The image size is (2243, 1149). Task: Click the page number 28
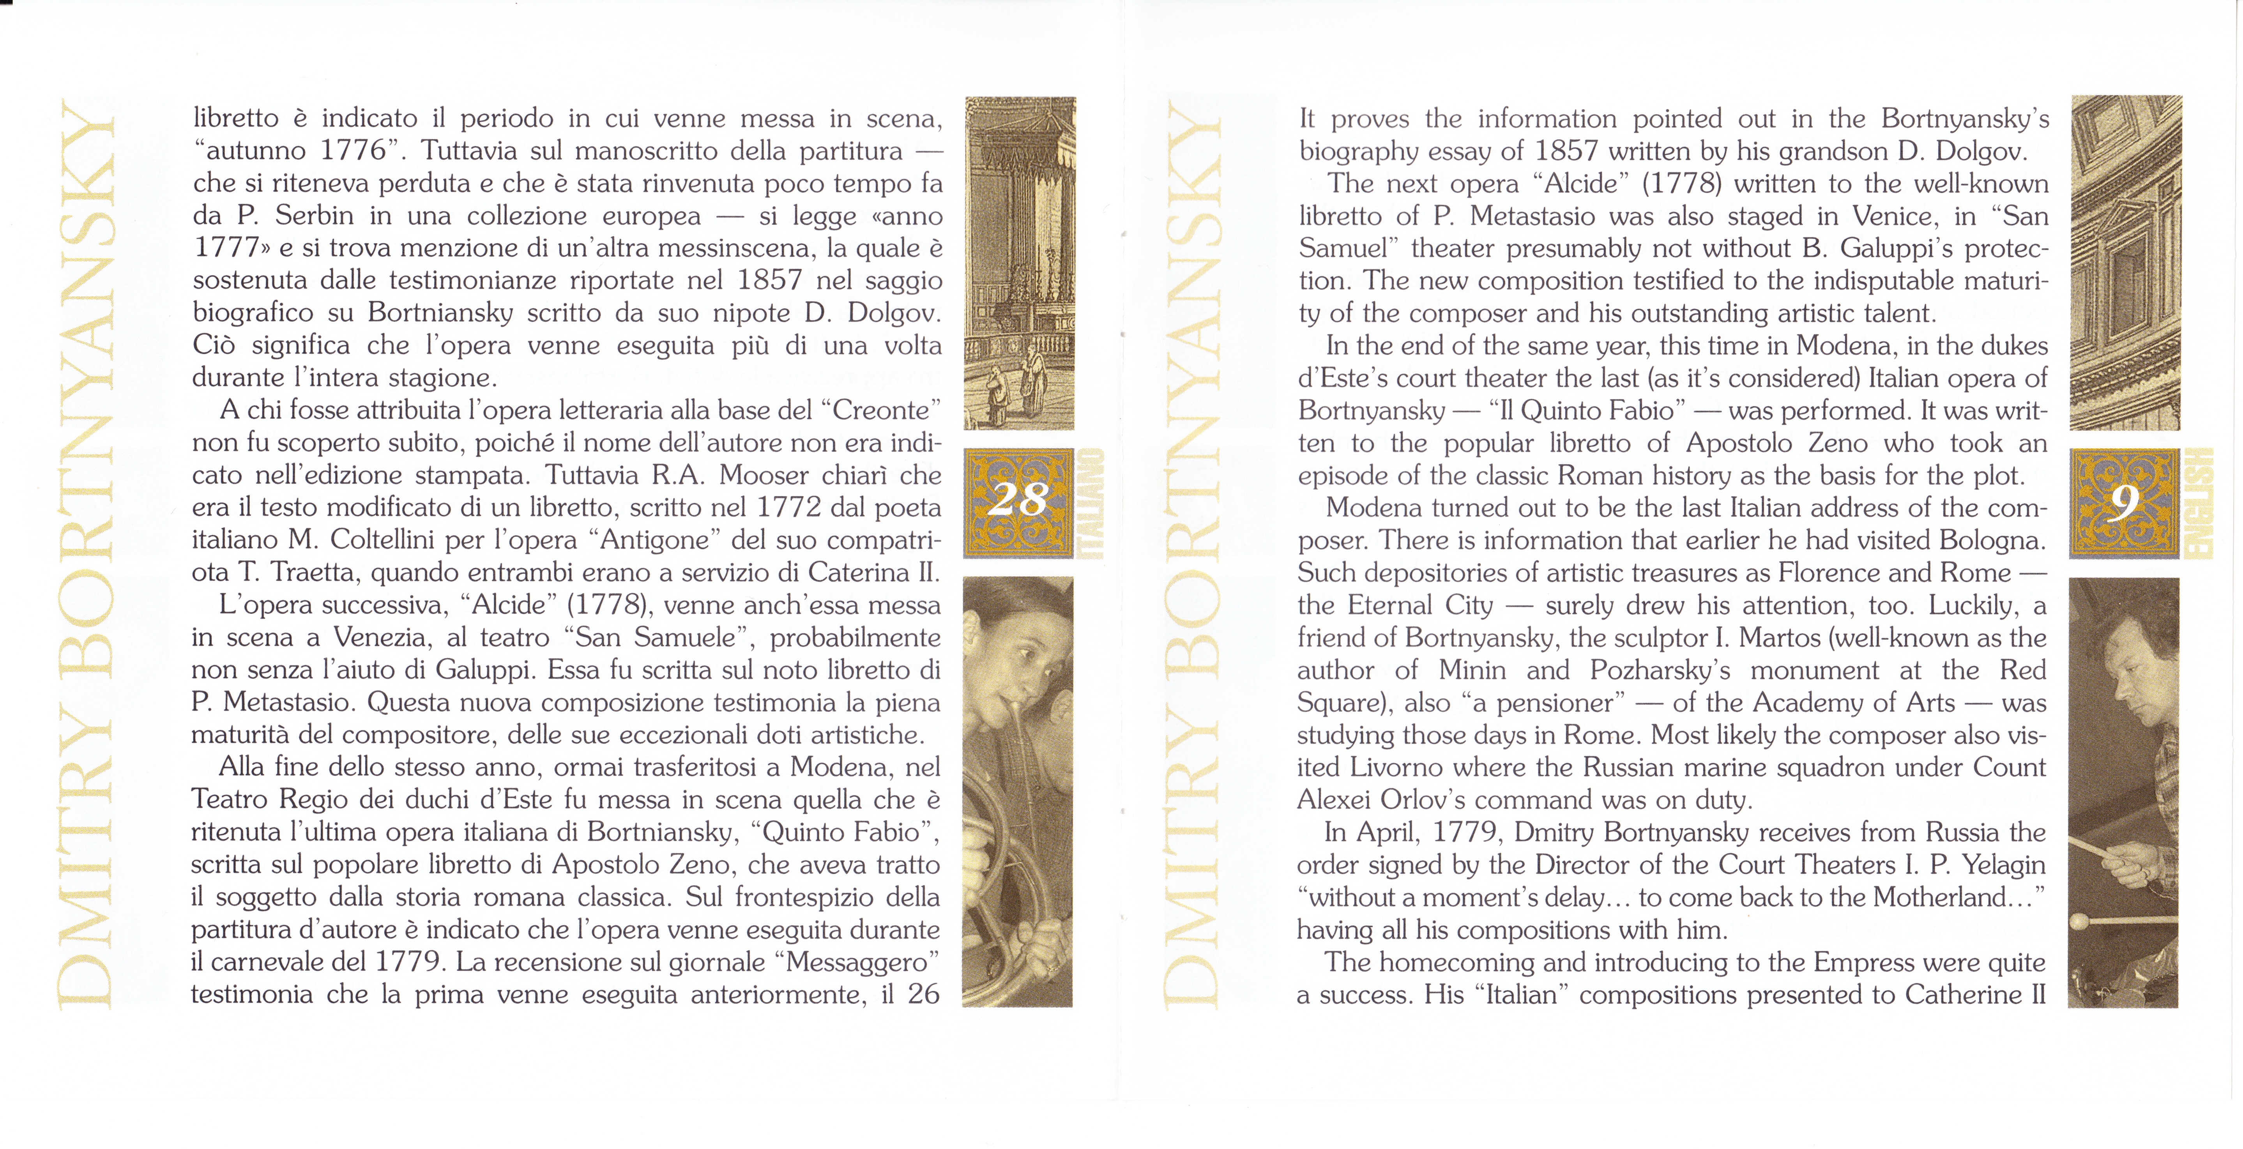(1019, 500)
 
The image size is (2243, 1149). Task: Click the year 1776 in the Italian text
(353, 150)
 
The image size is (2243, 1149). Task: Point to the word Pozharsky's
(1660, 670)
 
